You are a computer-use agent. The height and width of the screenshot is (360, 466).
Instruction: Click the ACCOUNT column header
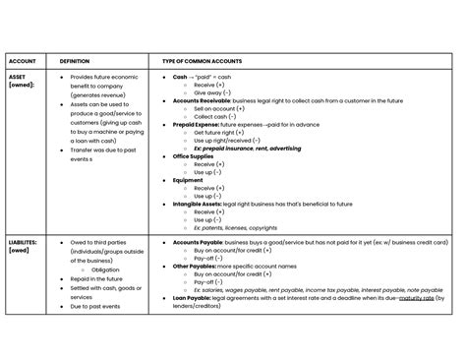pyautogui.click(x=22, y=60)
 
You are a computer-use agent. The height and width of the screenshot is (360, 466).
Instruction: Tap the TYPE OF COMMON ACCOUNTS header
pyautogui.click(x=205, y=60)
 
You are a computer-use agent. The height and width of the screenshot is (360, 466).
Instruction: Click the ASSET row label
pyautogui.click(x=18, y=76)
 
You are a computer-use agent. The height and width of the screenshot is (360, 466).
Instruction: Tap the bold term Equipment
pyautogui.click(x=186, y=179)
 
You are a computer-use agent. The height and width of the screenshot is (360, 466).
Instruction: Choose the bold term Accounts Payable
pyautogui.click(x=195, y=241)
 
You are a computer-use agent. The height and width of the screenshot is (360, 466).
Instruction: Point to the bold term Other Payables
pyautogui.click(x=192, y=266)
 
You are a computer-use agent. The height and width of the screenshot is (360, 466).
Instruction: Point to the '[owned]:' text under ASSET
pyautogui.click(x=22, y=85)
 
